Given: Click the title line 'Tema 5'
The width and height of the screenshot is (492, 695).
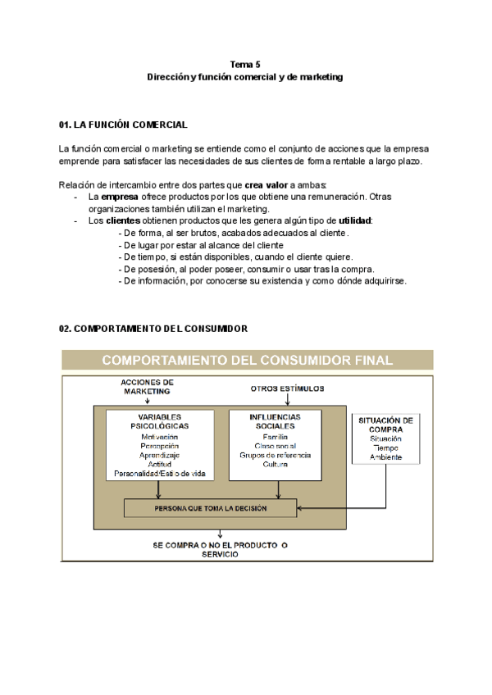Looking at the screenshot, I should click(245, 64).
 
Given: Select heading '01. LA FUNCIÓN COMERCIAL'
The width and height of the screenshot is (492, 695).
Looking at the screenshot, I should click(123, 125).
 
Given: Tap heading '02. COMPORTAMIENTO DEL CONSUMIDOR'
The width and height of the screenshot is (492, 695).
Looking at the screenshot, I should click(153, 328).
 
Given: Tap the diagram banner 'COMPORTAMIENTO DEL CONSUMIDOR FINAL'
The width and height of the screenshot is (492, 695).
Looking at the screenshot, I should click(246, 360).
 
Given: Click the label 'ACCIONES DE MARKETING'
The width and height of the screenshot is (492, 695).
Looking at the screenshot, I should click(147, 387).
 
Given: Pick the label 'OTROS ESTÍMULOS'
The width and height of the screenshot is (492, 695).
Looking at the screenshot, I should click(287, 388).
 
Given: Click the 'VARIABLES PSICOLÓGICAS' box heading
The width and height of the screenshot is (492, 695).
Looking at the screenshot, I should click(159, 421).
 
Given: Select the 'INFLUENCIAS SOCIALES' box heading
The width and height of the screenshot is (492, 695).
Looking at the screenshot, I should click(275, 421).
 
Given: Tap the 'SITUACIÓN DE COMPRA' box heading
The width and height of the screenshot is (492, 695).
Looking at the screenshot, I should click(385, 425).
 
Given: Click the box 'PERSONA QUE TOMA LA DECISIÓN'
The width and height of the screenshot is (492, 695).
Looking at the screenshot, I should click(211, 508).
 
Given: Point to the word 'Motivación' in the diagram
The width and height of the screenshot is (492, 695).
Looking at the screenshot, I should click(159, 436).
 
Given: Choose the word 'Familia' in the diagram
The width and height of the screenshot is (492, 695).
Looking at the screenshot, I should click(275, 436).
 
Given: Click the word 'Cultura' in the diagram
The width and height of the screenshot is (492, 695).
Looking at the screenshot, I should click(275, 465).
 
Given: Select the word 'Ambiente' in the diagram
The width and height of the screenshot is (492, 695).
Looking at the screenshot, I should click(385, 457).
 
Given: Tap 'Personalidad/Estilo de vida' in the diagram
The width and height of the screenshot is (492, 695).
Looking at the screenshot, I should click(159, 474).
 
